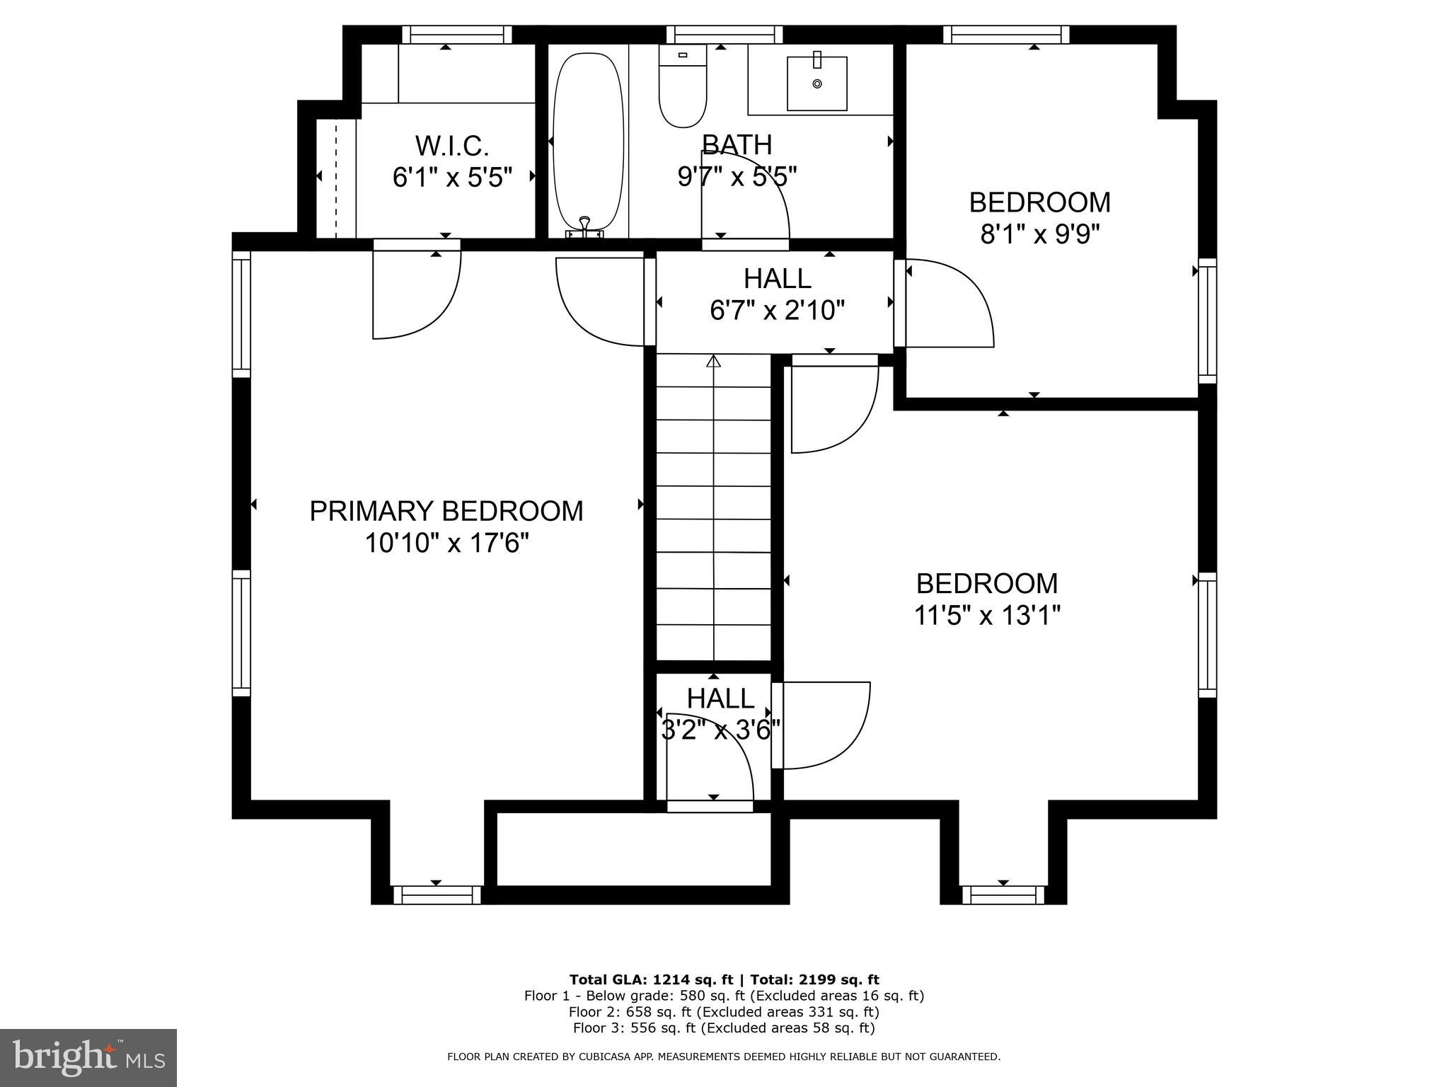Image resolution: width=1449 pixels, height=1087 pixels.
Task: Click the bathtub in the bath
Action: pos(588,142)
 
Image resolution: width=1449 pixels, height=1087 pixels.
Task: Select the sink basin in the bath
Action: pos(816,84)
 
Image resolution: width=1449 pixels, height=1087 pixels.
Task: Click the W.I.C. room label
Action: pos(451,146)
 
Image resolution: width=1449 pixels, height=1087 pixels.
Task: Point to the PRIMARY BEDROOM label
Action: pos(446,511)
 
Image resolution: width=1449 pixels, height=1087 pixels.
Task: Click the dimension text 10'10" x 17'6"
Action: pos(446,543)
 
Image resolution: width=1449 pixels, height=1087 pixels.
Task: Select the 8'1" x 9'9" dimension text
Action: pos(1039,234)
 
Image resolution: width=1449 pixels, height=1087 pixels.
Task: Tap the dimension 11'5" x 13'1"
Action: pos(987,616)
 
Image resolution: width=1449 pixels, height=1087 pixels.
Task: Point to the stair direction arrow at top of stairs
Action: pos(713,362)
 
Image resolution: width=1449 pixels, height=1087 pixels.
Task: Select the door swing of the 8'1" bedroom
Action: pos(948,304)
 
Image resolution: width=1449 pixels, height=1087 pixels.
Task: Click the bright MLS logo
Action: pos(88,1057)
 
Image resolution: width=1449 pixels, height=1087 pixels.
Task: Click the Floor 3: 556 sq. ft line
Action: pos(724,1028)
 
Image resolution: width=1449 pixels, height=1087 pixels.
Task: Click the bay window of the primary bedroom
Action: pos(437,895)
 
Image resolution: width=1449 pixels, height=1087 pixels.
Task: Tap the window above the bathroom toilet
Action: pos(724,35)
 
